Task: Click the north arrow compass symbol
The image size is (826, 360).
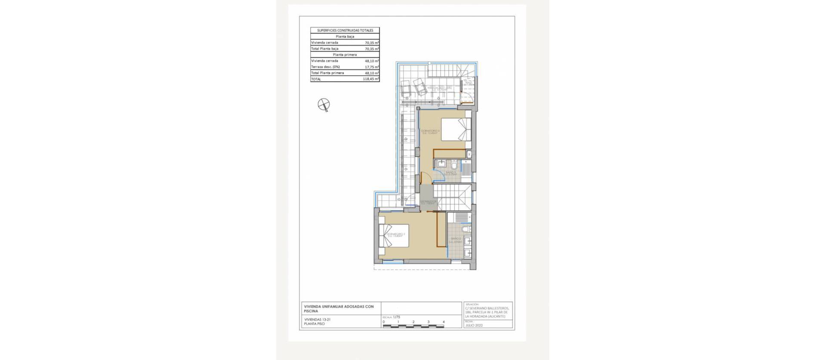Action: tap(324, 105)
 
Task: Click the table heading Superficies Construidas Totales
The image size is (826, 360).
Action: tap(345, 31)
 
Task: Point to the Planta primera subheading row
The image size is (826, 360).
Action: tap(345, 55)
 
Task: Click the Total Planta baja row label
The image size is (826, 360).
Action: tap(325, 49)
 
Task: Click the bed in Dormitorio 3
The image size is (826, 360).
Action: tap(456, 129)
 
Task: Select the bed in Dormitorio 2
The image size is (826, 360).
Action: tap(92, 236)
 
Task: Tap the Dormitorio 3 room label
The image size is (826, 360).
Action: tap(431, 132)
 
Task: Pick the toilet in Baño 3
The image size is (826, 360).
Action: tap(454, 165)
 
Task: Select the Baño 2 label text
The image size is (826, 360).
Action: tap(456, 240)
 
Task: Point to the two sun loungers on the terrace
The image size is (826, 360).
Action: tap(413, 88)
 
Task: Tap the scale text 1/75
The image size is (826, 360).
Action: tap(396, 317)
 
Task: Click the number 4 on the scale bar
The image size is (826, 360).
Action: tap(444, 322)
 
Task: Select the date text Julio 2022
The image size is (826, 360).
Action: tap(474, 326)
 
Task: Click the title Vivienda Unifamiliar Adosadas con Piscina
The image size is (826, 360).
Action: tap(339, 308)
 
